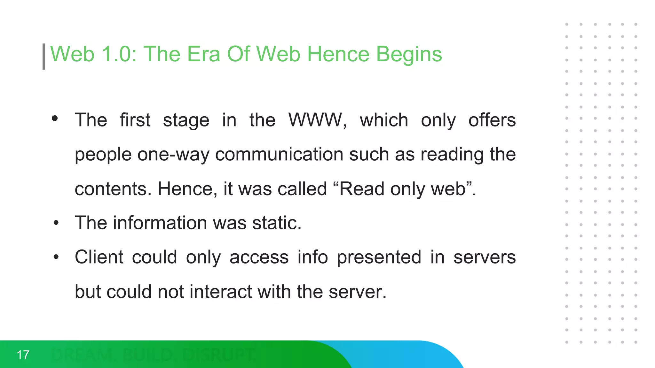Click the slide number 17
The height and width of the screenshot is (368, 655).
(x=23, y=355)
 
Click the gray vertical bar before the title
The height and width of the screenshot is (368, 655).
(x=44, y=57)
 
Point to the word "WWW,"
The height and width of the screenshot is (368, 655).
(x=318, y=120)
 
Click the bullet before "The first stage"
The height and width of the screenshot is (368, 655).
(x=55, y=119)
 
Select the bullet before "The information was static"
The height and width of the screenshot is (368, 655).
(x=56, y=223)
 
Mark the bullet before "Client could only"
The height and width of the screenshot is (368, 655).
(x=56, y=257)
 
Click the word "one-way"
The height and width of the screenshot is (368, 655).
(x=173, y=155)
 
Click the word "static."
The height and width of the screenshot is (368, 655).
(x=277, y=223)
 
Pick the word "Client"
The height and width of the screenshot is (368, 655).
(x=99, y=257)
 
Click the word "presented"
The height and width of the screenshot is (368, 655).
(x=379, y=257)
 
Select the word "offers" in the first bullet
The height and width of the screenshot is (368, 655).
(x=492, y=120)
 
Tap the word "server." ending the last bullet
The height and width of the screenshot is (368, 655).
(x=358, y=292)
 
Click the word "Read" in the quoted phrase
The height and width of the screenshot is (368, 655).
(x=361, y=189)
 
